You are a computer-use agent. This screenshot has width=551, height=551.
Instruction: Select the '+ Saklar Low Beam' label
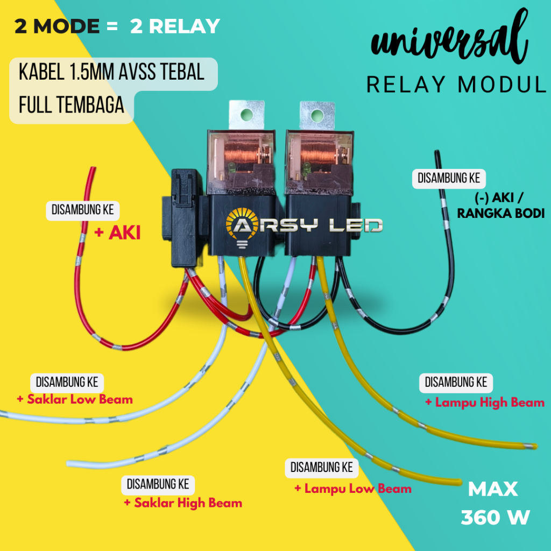pyautogui.click(x=74, y=399)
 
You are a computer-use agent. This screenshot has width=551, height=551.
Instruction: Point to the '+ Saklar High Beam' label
pyautogui.click(x=183, y=503)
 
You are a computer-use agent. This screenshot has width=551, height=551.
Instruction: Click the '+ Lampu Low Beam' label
pyautogui.click(x=352, y=489)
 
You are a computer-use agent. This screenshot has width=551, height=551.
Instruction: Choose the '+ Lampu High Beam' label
pyautogui.click(x=484, y=402)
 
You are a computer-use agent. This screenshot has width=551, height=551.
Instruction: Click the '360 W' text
pyautogui.click(x=495, y=517)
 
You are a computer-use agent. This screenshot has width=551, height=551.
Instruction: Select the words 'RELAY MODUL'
pyautogui.click(x=456, y=84)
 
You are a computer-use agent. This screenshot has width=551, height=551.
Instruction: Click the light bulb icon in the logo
pyautogui.click(x=240, y=228)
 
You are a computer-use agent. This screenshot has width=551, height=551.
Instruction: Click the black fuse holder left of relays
pyautogui.click(x=183, y=218)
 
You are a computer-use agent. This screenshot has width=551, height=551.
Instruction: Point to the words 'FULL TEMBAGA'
pyautogui.click(x=71, y=105)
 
